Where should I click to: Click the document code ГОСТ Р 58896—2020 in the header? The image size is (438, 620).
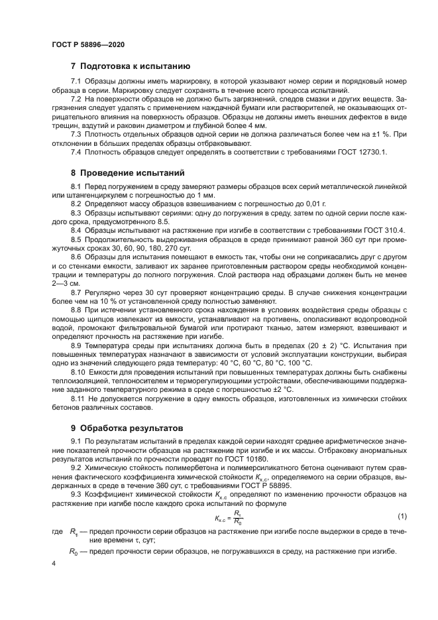[88, 44]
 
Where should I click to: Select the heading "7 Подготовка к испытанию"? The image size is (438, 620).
[131, 66]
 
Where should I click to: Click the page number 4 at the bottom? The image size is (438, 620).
[54, 562]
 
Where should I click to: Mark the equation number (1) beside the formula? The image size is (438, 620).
[401, 517]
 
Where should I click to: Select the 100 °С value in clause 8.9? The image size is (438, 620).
[298, 363]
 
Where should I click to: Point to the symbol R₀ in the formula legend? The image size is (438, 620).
[74, 551]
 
